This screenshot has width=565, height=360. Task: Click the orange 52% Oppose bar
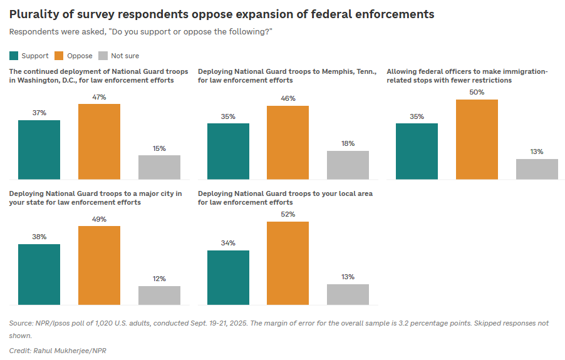pyautogui.click(x=288, y=263)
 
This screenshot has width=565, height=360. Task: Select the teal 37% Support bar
pyautogui.click(x=39, y=150)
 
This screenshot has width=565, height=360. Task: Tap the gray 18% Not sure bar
pyautogui.click(x=348, y=165)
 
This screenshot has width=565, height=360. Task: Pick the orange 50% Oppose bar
pyautogui.click(x=477, y=139)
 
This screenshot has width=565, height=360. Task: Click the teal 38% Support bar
pyautogui.click(x=39, y=274)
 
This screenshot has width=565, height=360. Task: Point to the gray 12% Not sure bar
pyautogui.click(x=159, y=295)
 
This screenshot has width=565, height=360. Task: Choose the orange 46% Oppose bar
pyautogui.click(x=288, y=142)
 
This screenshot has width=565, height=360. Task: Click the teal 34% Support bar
pyautogui.click(x=228, y=277)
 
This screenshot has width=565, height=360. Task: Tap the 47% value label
pyautogui.click(x=99, y=97)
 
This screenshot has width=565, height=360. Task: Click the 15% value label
pyautogui.click(x=159, y=148)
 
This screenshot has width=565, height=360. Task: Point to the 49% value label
pyautogui.click(x=99, y=219)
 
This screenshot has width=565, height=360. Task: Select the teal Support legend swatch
pyautogui.click(x=14, y=56)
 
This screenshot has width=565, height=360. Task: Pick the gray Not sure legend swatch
pyautogui.click(x=104, y=56)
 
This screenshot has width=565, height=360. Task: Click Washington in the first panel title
pyautogui.click(x=39, y=80)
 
